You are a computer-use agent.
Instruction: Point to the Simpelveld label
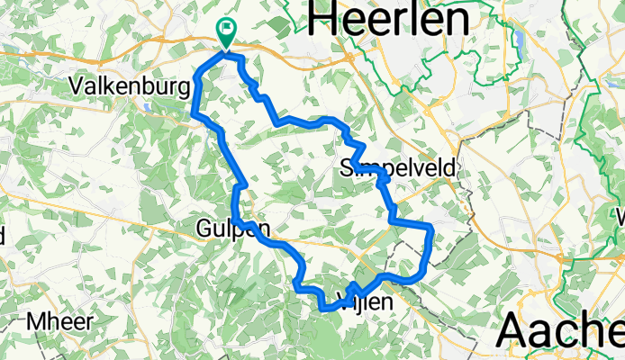pos(399,168)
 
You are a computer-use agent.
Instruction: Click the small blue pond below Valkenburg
pos(144,105)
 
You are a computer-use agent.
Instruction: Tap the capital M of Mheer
pos(39,320)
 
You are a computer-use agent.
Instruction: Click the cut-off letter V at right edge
pos(620,218)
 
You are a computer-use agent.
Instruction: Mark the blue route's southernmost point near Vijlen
pos(325,310)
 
